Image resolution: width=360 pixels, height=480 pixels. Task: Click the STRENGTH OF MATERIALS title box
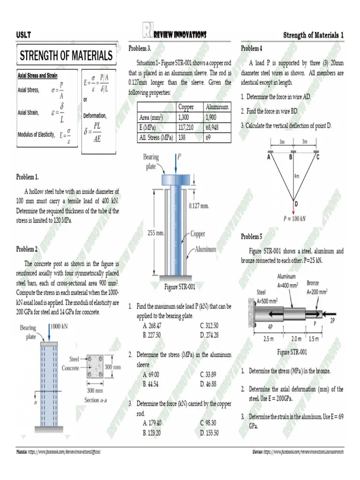(66, 56)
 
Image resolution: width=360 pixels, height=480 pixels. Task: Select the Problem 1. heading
(28, 177)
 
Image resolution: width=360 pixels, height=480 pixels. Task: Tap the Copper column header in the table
(187, 107)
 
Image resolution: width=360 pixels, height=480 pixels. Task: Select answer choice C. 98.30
(209, 422)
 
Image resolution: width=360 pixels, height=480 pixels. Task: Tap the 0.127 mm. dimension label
(198, 205)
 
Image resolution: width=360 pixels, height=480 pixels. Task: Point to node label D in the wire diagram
(296, 203)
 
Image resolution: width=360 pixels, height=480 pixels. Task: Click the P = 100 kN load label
(295, 218)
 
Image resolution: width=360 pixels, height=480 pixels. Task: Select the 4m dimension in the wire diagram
(296, 177)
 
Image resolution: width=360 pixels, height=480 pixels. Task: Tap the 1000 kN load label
(59, 327)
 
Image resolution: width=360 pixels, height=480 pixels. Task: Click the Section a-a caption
(98, 400)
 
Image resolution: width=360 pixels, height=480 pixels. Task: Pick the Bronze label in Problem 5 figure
(313, 283)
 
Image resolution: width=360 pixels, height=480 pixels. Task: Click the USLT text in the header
(23, 35)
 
